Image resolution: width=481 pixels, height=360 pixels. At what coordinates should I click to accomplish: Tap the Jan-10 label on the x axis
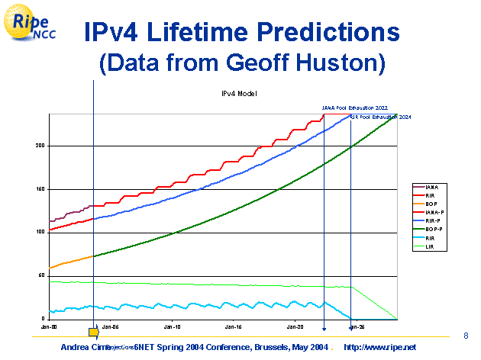(173, 326)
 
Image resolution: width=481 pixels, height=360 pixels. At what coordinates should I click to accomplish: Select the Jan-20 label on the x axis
(295, 326)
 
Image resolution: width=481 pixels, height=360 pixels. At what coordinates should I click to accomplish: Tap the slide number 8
(466, 336)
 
